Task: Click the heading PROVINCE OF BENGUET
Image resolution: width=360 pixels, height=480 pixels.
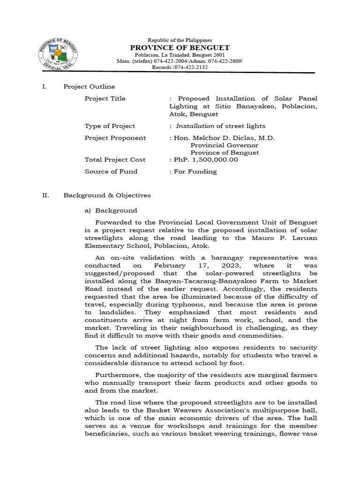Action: (180, 48)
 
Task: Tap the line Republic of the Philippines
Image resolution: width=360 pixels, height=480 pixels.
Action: (180, 40)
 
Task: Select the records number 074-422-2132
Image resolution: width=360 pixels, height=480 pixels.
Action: (191, 67)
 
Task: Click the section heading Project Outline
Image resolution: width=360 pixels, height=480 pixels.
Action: (89, 87)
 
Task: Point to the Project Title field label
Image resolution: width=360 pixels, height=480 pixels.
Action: (105, 99)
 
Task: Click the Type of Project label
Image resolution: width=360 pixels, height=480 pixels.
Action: (110, 126)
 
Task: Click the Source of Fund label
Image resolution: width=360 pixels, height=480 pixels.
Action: (111, 172)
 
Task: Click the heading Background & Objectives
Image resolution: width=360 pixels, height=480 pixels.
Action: (107, 195)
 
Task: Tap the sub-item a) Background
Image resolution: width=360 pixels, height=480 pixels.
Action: (111, 211)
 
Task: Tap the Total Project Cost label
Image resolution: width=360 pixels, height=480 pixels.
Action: (115, 160)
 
